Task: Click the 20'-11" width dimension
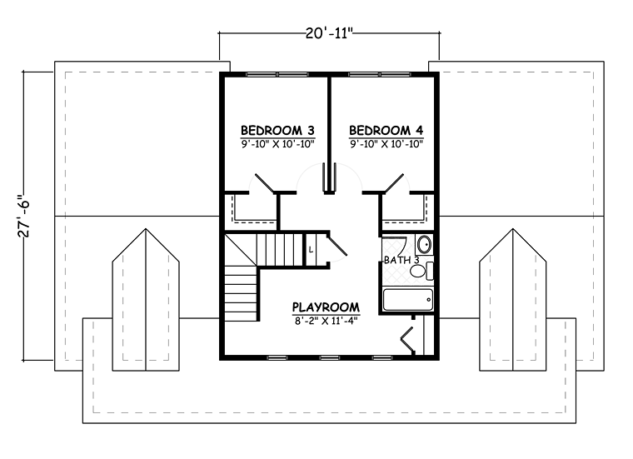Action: tap(329, 33)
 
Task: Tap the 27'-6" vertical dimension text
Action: tap(24, 216)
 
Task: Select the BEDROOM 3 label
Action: tap(277, 131)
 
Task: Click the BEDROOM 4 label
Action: tap(386, 131)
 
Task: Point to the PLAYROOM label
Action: tap(326, 307)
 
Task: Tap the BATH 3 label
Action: tap(401, 260)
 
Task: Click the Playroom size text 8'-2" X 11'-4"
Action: tap(326, 321)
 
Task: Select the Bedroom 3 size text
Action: tap(277, 144)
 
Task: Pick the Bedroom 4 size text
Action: tap(386, 144)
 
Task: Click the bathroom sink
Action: tap(424, 244)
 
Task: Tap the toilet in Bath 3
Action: tap(422, 271)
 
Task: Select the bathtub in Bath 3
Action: tap(408, 300)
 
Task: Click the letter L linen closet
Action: tap(311, 250)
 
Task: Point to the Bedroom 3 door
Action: tap(264, 183)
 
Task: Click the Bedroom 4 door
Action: tap(394, 183)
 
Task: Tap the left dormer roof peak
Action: tap(146, 229)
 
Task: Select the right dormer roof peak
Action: tap(513, 229)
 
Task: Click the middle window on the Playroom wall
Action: tap(330, 357)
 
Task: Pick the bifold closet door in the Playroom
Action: tap(406, 340)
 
